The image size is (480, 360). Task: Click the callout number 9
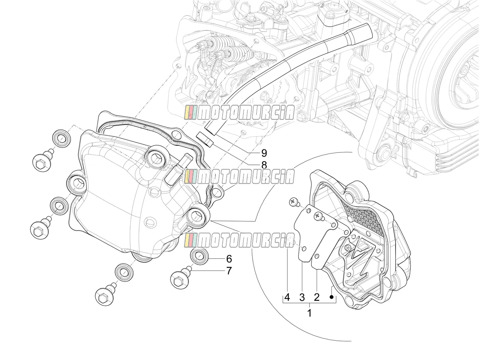pyautogui.click(x=264, y=153)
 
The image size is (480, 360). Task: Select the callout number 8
pyautogui.click(x=264, y=165)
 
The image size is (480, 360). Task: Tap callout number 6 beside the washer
pyautogui.click(x=229, y=259)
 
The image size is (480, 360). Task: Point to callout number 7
pyautogui.click(x=229, y=271)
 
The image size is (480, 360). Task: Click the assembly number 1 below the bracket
pyautogui.click(x=310, y=313)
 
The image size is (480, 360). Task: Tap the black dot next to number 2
pyautogui.click(x=332, y=297)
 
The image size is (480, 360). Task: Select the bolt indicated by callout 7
pyautogui.click(x=180, y=278)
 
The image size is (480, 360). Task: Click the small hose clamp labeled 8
pyautogui.click(x=205, y=140)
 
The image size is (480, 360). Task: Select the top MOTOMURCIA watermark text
pyautogui.click(x=239, y=113)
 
